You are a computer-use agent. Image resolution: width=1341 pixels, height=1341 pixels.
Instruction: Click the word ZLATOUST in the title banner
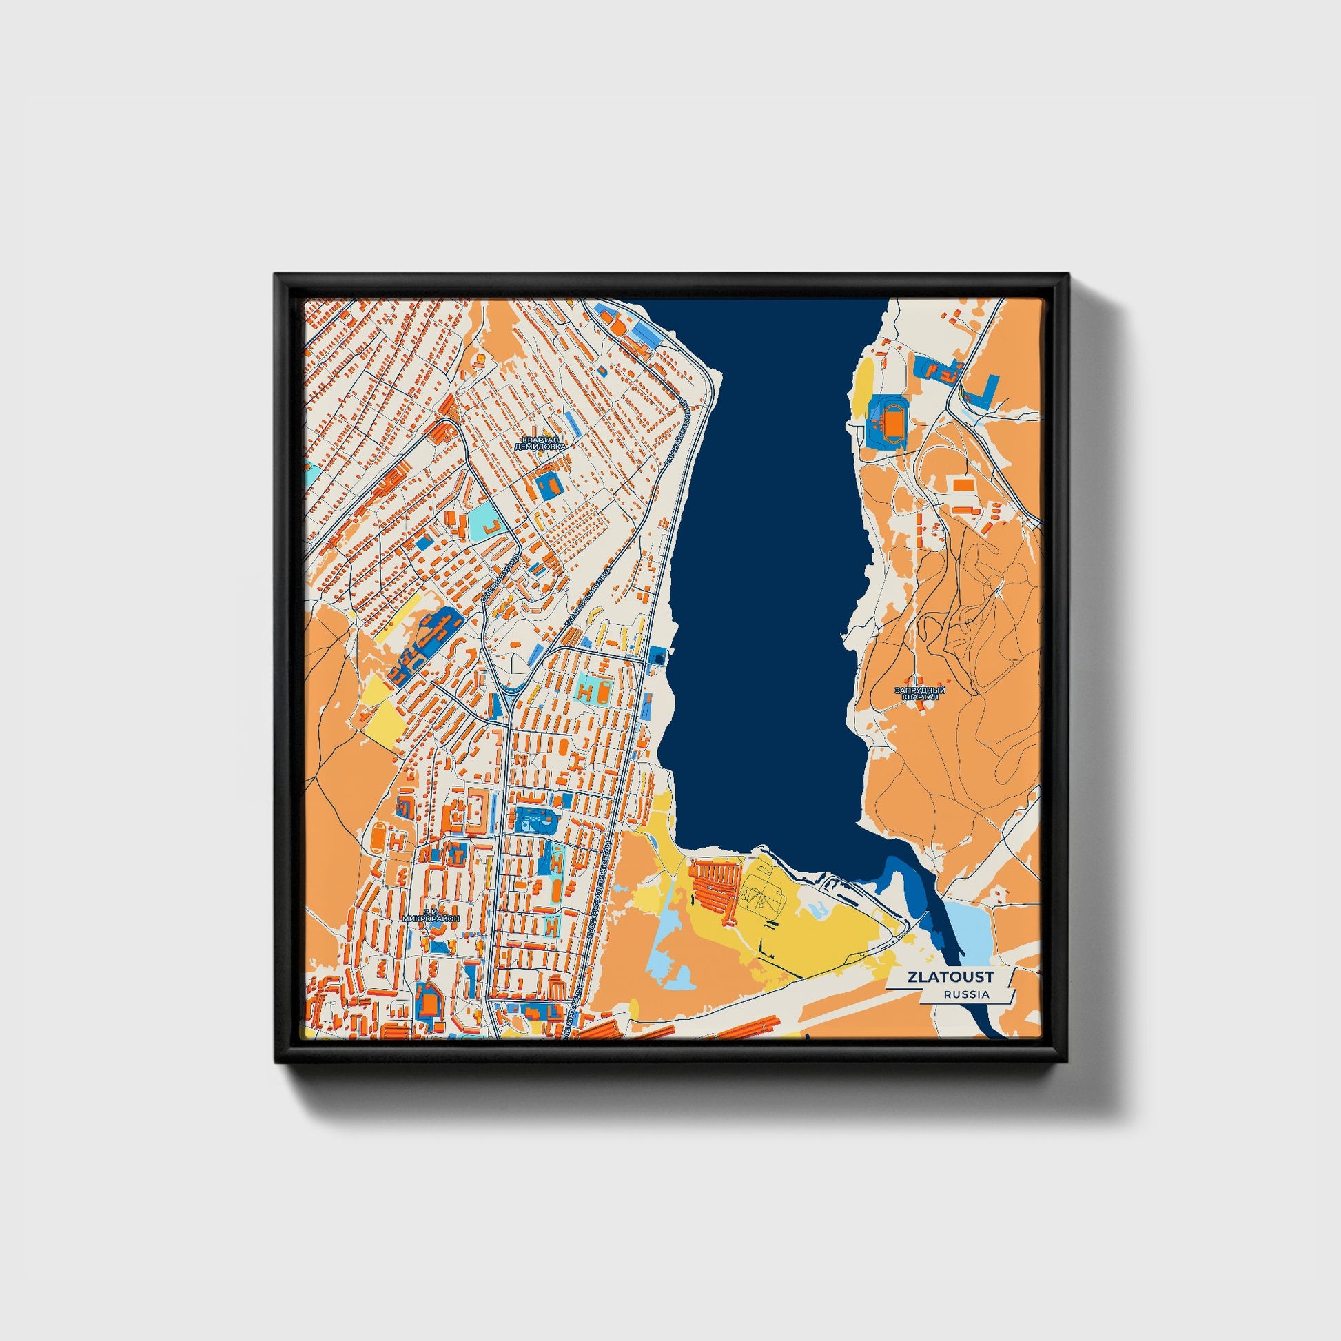point(950,976)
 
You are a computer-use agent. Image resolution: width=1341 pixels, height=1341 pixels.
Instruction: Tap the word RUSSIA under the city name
point(966,994)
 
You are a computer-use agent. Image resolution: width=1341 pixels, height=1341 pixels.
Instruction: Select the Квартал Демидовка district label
point(540,444)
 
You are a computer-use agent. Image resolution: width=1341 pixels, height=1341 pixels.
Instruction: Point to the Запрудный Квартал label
point(920,693)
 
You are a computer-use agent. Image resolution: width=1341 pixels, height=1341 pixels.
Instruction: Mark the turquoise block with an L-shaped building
point(485,525)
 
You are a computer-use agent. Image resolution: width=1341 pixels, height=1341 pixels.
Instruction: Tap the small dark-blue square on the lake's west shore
point(657,655)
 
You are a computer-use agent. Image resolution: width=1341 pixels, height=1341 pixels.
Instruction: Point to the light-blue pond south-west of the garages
point(670,965)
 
